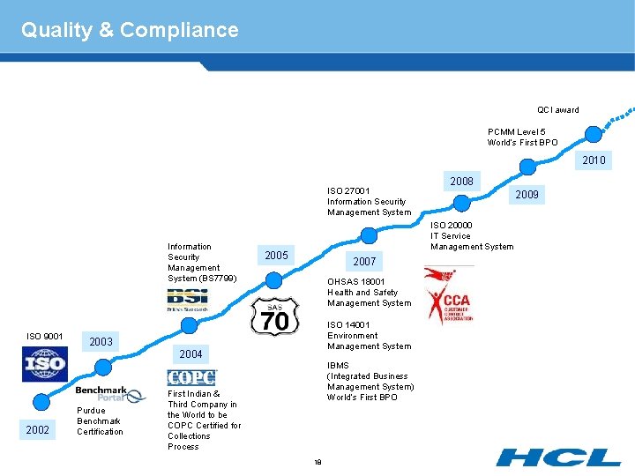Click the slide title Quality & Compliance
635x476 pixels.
pos(130,30)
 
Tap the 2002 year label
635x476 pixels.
pos(38,429)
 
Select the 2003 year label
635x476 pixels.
pos(101,341)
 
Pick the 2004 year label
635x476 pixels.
pos(190,354)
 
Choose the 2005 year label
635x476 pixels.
pos(276,256)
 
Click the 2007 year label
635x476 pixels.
pos(364,262)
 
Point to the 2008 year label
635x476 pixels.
pos(461,182)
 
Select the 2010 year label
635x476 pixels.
pos(594,160)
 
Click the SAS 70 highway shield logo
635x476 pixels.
pos(275,316)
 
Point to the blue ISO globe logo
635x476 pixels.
pos(44,364)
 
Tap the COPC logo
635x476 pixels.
pos(191,377)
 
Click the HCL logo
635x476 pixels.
pos(557,457)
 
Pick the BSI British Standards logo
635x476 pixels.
pos(187,300)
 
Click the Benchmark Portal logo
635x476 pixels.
pos(110,393)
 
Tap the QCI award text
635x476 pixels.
pos(558,110)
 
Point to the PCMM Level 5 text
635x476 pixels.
pos(522,138)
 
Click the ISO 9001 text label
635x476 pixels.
pos(44,336)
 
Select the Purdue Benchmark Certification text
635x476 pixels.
pos(100,421)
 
